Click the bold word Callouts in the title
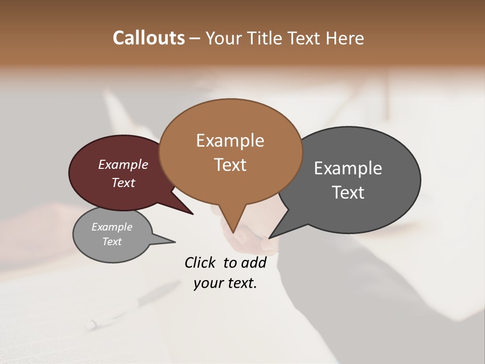[149, 38]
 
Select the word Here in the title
[345, 38]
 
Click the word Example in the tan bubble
[230, 141]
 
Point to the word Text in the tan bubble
[230, 165]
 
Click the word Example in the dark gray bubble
[348, 168]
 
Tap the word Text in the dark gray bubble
[348, 193]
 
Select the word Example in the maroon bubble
[123, 164]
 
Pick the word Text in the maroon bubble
[123, 183]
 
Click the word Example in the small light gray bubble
[112, 227]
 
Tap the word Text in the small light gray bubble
[112, 242]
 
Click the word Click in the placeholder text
[201, 262]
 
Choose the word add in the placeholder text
[254, 262]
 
